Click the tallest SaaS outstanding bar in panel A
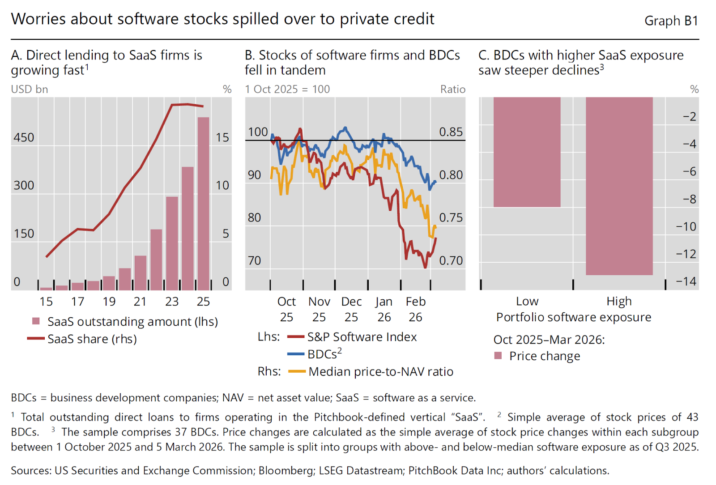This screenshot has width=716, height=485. click(203, 204)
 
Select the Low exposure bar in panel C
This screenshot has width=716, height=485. click(527, 152)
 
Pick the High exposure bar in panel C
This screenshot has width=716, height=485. click(619, 186)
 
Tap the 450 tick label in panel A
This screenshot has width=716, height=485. click(24, 137)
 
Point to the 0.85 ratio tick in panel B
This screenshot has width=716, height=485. click(451, 132)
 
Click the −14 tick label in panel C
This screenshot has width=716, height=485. click(686, 281)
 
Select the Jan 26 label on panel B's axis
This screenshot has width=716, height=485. click(384, 309)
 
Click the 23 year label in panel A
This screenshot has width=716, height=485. click(172, 302)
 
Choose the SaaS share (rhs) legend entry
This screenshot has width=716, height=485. click(92, 339)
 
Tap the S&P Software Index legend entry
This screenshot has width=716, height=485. click(362, 337)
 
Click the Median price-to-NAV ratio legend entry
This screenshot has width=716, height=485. click(380, 371)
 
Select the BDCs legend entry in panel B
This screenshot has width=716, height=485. click(324, 354)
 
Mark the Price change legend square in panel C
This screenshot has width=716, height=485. click(498, 356)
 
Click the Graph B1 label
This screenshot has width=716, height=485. click(671, 21)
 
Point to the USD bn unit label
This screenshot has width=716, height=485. click(30, 89)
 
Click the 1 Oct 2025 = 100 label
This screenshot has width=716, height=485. click(287, 89)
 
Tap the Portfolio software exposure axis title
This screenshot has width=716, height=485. click(574, 317)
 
